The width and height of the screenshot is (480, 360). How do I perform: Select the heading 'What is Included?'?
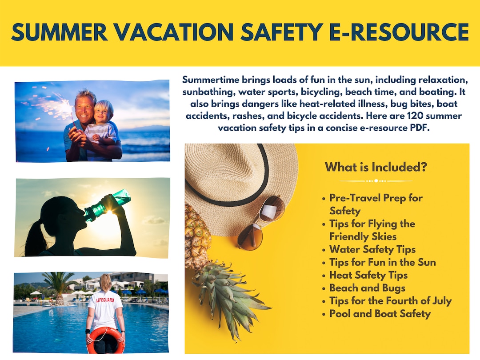click(376, 167)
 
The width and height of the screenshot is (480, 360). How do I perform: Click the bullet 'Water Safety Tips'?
click(372, 249)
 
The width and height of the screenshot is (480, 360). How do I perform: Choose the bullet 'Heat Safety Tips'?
click(368, 275)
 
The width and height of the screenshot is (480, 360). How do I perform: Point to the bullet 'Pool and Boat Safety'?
click(380, 314)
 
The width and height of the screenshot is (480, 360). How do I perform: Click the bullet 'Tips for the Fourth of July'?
click(390, 301)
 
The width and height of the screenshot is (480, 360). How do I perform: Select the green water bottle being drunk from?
click(107, 204)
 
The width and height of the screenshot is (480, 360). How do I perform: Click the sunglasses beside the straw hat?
click(261, 223)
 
